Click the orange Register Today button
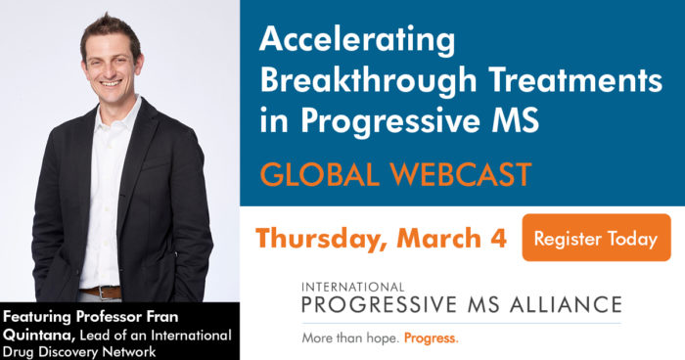click(596, 238)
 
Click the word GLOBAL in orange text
click(311, 175)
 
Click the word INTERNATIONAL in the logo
click(357, 287)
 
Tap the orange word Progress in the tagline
click(431, 338)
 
